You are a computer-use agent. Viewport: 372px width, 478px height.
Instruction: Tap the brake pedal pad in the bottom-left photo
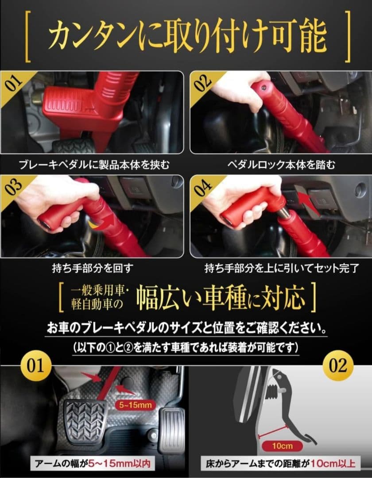click(x=84, y=420)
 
